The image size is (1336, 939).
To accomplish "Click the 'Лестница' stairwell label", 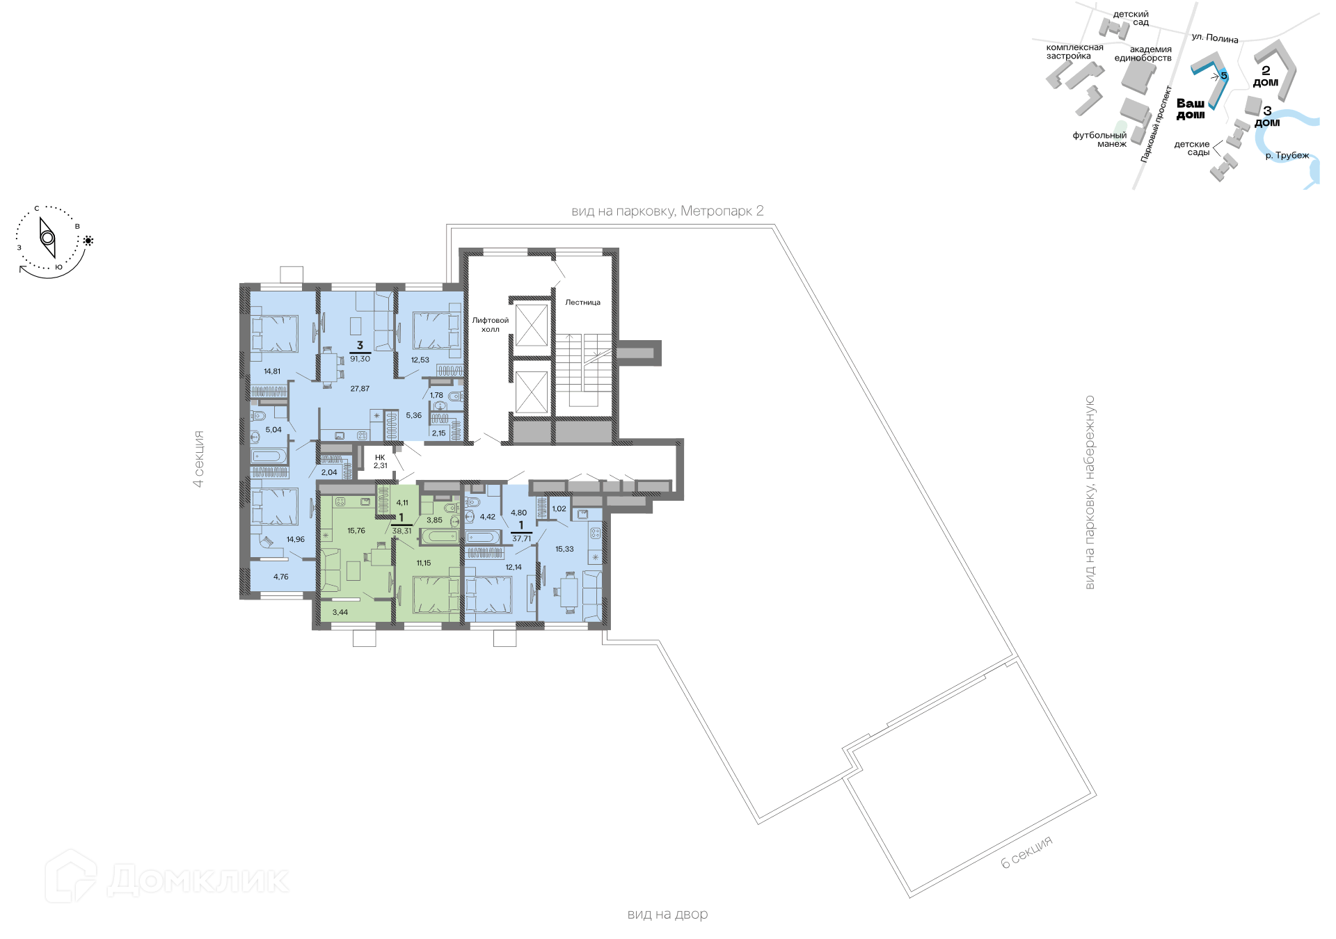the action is (x=582, y=303).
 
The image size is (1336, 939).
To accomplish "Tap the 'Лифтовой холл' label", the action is (x=491, y=325).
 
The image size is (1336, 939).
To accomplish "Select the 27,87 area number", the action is (x=360, y=389).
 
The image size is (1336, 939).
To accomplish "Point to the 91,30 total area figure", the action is (x=360, y=359).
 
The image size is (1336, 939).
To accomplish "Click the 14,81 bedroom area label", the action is (x=272, y=371).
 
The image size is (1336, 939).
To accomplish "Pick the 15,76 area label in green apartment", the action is (x=356, y=531).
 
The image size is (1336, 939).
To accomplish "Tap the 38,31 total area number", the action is (x=401, y=531).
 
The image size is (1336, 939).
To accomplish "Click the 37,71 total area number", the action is (x=521, y=538).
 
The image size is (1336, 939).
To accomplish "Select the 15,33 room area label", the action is (x=564, y=549).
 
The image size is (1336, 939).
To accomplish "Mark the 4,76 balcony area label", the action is (x=280, y=577).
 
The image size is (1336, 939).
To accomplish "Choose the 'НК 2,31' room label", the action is (x=380, y=461).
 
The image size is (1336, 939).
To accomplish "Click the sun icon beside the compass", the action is (x=88, y=241).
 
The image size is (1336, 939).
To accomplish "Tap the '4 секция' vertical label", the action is (x=199, y=458).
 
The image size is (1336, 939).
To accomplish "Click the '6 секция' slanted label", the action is (x=1027, y=852).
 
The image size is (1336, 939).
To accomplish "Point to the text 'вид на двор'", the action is (x=667, y=914).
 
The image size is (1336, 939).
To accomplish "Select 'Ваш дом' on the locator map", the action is (x=1191, y=109).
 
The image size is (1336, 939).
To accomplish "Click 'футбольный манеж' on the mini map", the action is (x=1099, y=139).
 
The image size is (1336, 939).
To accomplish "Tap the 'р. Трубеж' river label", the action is (x=1287, y=155).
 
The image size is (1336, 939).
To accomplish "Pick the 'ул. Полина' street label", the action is (x=1215, y=38).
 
